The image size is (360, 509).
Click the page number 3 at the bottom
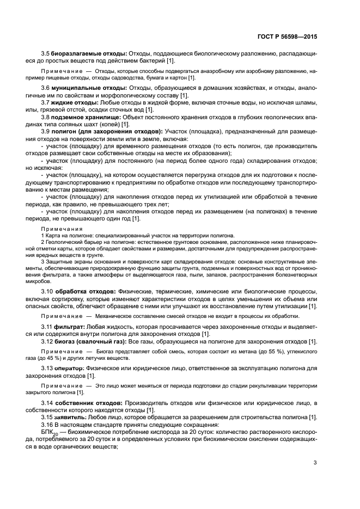(x=315, y=463)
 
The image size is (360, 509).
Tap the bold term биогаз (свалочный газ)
(x=90, y=341)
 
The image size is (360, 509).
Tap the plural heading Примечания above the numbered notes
(x=62, y=229)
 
